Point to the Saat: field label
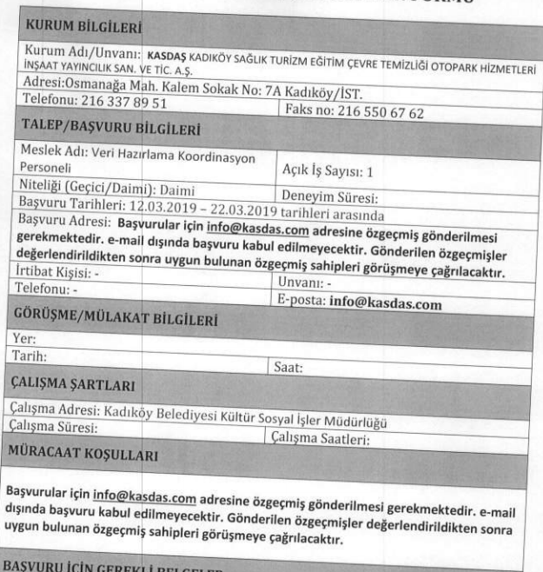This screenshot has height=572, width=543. pyautogui.click(x=288, y=369)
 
